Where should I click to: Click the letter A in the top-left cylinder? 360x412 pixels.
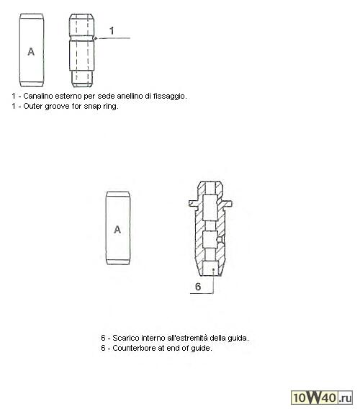31,52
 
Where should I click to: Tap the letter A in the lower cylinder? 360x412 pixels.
117,230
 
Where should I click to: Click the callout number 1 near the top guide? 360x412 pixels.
112,31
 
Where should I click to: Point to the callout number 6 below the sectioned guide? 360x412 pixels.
198,287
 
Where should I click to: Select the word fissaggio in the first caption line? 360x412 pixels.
170,97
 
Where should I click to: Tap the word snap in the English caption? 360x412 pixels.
92,107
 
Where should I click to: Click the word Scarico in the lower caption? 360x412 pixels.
126,338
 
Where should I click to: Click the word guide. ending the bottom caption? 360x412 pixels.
201,349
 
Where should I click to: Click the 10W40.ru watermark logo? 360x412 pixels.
322,398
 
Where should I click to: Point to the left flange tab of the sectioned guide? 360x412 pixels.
193,203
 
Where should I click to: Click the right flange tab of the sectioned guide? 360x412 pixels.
228,203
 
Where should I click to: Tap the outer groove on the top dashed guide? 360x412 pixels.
81,39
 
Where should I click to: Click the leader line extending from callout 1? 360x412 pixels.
113,38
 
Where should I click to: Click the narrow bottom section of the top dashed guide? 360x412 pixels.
82,79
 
